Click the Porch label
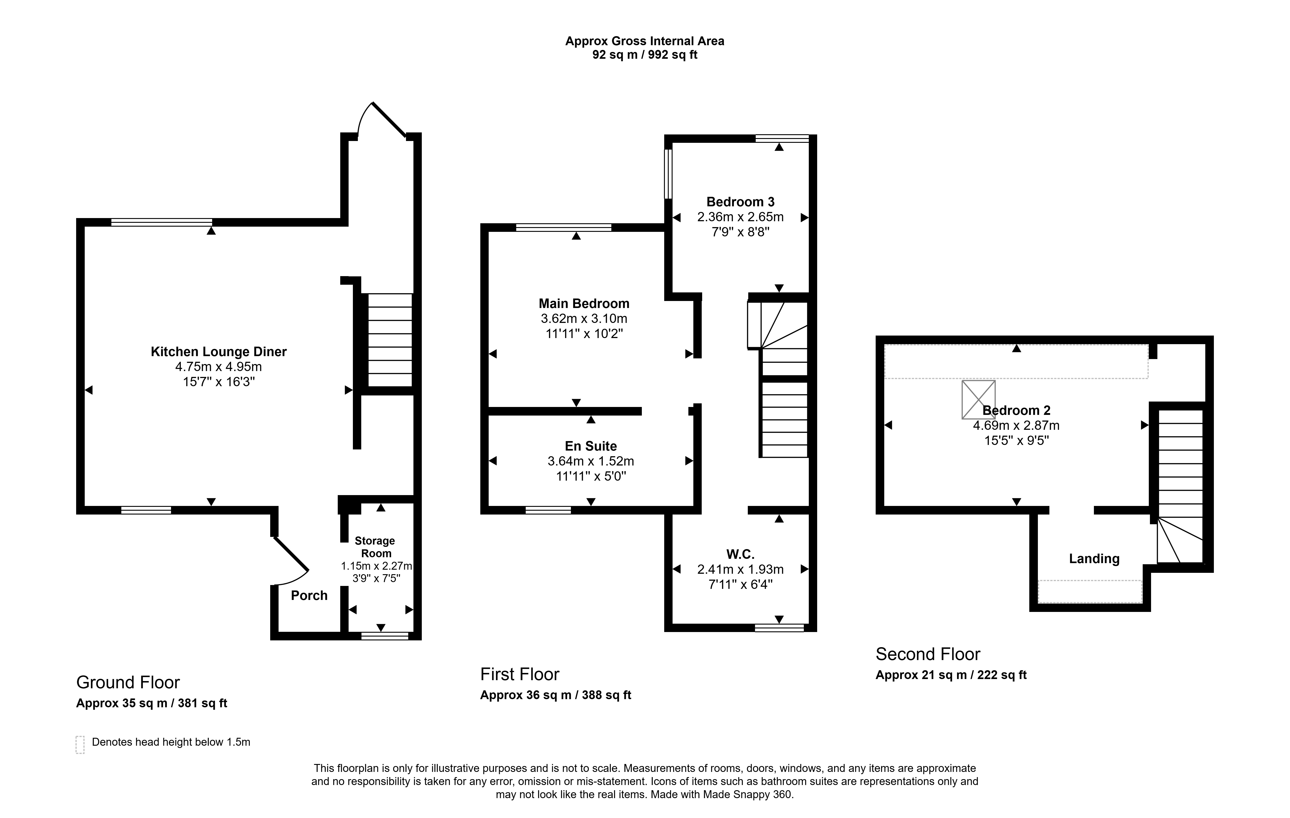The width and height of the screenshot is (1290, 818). (x=309, y=595)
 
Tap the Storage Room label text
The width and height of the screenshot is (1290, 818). (x=375, y=547)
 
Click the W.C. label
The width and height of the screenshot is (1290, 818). (x=740, y=554)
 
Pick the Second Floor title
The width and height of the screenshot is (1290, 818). (x=928, y=654)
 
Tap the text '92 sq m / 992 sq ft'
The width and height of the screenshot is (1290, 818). (x=645, y=55)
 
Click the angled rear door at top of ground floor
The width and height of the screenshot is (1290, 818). (x=387, y=120)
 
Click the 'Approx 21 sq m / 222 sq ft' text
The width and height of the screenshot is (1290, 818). (x=951, y=675)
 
